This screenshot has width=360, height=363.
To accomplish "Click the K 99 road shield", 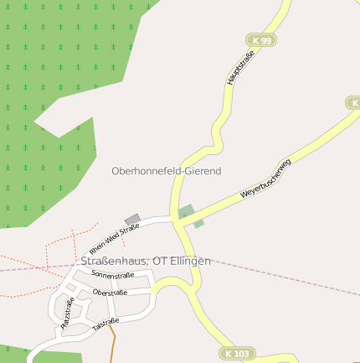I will tap(260, 40).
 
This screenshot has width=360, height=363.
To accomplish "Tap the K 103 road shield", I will tap(237, 354).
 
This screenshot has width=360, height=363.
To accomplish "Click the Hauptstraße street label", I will tap(240, 67).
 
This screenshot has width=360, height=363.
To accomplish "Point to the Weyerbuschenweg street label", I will tap(265, 179).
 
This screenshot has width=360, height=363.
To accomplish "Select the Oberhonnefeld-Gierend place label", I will tap(166, 170).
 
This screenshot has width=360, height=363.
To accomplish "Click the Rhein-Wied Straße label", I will tap(115, 240).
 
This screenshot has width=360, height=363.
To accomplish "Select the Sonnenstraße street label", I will tap(113, 274).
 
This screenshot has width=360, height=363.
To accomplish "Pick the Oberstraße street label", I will tap(110, 293).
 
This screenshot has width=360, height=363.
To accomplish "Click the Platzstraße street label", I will tap(67, 311).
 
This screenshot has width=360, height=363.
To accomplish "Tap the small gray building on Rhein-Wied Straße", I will tap(132, 220).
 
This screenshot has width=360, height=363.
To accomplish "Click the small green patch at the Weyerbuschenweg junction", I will tap(187, 212).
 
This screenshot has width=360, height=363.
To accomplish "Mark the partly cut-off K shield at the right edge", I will tap(353, 102).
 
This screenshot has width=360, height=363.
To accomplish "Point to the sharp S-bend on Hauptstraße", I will tap(219, 134).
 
